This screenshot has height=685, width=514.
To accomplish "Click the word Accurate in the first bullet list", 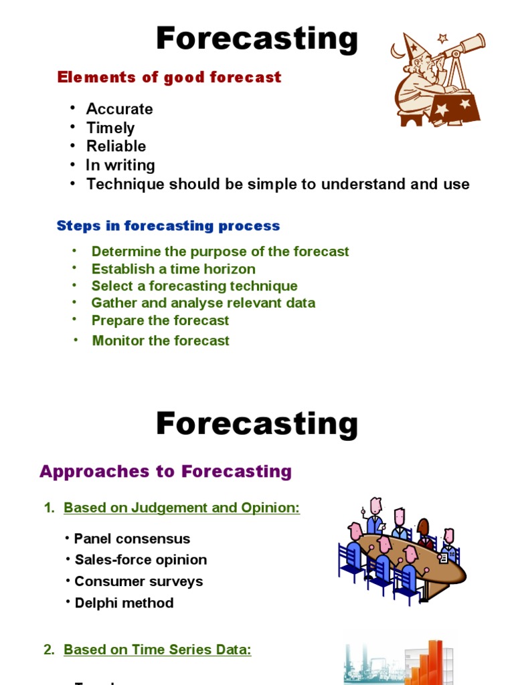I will pos(119,109).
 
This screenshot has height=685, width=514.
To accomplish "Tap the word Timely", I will pos(110,128).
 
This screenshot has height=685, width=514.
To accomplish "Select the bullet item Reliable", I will pos(116,146).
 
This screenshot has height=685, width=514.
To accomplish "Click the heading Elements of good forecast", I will pos(169,77).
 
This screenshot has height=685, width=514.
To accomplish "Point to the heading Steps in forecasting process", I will pos(168,225).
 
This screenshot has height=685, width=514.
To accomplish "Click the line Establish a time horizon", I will pos(173,269).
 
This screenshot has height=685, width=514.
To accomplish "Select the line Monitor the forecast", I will pos(161,340).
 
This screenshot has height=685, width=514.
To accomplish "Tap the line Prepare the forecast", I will pos(160,320).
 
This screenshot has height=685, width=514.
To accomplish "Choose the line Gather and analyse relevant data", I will pos(203,302).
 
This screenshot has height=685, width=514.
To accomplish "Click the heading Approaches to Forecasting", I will pos(165,471).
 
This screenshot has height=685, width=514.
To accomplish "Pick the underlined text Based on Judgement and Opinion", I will pos(181,508).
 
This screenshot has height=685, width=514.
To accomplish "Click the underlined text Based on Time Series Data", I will pos(157,650).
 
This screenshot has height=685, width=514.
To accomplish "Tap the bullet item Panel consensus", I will pos(132,539).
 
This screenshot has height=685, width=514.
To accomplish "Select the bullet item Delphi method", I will pos(124,603).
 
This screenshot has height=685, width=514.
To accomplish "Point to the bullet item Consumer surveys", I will pos(139,581).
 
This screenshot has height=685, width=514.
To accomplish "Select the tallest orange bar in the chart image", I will pos(436,662).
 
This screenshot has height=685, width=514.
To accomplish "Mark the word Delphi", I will pos(94,603).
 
